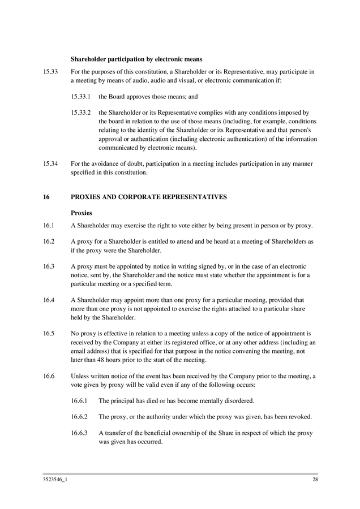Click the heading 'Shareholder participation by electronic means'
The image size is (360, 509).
(136, 59)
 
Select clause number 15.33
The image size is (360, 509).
(50, 72)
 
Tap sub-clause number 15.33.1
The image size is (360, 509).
(81, 97)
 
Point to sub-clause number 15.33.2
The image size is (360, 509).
(81, 113)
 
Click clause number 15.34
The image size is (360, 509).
(50, 164)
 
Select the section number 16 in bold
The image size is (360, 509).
(46, 197)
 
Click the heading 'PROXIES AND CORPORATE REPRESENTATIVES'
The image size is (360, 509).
(148, 197)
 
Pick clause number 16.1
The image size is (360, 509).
(49, 226)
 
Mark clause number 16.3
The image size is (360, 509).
(49, 266)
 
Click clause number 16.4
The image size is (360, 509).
(49, 300)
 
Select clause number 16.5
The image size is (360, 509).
(49, 334)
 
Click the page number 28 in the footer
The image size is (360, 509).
(315, 480)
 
